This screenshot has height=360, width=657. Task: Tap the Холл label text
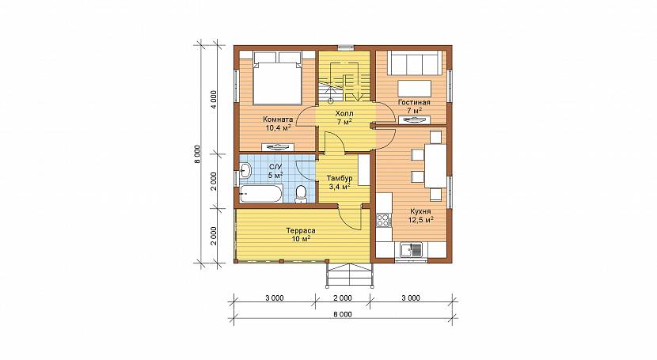click(344, 113)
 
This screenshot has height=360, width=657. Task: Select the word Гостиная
click(414, 103)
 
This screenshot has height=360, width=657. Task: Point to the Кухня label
click(421, 211)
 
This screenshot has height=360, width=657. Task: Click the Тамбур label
click(340, 178)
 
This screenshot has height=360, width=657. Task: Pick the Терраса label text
click(301, 231)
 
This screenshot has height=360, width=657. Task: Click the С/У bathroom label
click(275, 167)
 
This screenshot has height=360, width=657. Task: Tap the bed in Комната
click(277, 78)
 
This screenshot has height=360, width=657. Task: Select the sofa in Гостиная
click(415, 63)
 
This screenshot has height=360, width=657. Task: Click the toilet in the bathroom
click(301, 194)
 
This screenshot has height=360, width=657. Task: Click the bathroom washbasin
click(245, 171)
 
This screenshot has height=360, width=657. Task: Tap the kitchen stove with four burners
click(383, 221)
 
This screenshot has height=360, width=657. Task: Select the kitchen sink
click(412, 250)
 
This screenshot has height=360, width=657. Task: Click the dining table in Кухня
click(435, 166)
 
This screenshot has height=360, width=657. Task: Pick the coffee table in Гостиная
click(415, 89)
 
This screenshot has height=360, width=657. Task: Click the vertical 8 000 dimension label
click(198, 154)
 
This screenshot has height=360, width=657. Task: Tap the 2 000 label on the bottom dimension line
click(343, 298)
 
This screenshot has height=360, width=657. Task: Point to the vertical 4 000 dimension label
click(214, 100)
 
